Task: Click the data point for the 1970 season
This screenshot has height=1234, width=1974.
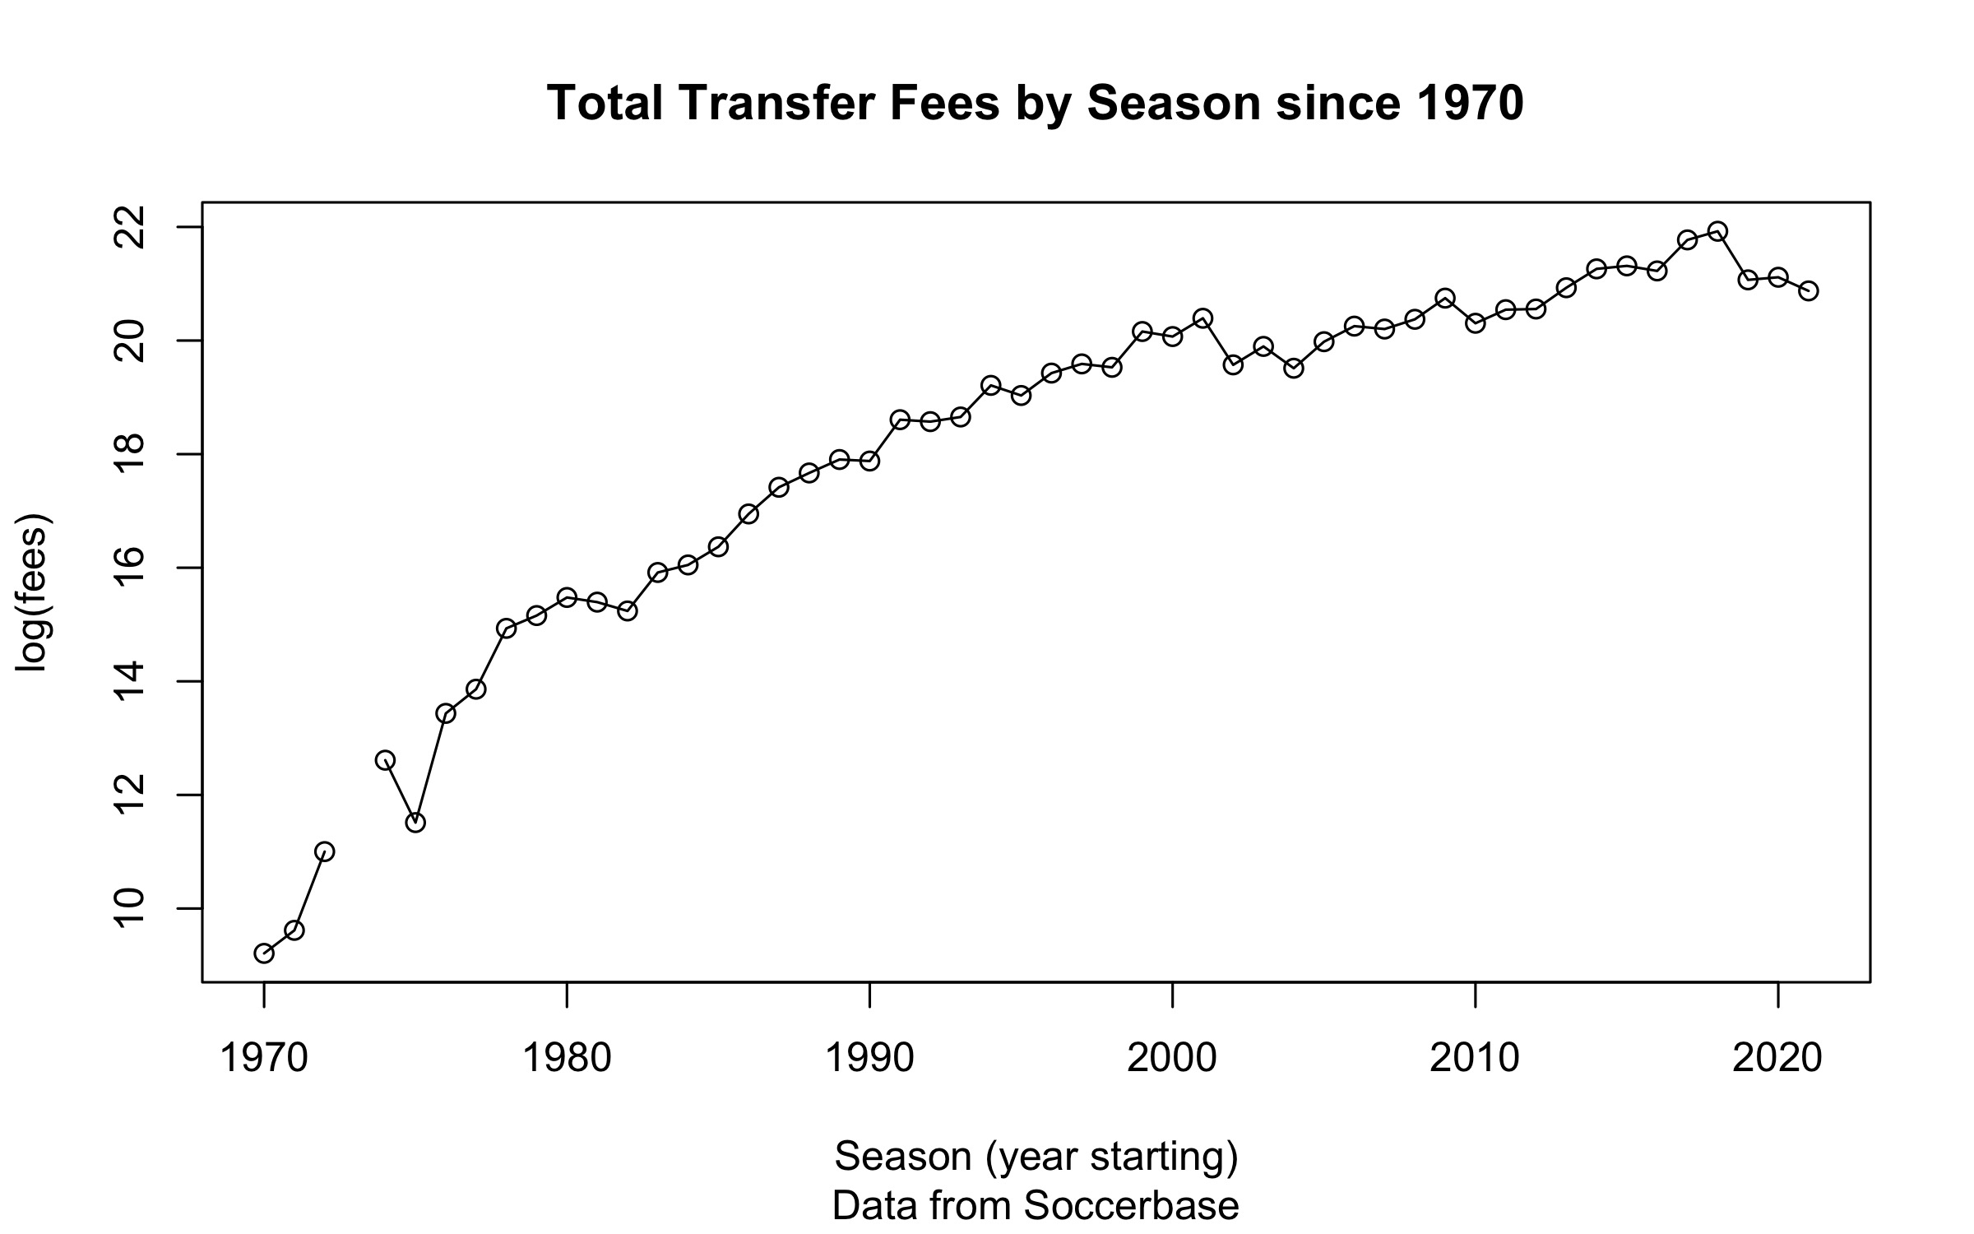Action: (x=263, y=953)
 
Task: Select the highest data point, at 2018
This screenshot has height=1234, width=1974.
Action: (x=1717, y=231)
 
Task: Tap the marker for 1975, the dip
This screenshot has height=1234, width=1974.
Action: (x=415, y=823)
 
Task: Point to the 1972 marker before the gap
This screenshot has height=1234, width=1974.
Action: (x=324, y=851)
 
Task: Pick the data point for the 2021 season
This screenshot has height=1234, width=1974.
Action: (x=1809, y=290)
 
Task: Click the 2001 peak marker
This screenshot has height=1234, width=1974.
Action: (x=1202, y=318)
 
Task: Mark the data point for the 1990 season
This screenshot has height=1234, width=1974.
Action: (x=869, y=461)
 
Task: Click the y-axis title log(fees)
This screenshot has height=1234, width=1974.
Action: (x=35, y=592)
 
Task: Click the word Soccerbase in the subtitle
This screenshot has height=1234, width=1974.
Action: (x=1131, y=1206)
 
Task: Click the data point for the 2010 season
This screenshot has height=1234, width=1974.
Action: (x=1476, y=323)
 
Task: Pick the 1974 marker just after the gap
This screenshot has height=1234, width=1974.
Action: (x=385, y=760)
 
